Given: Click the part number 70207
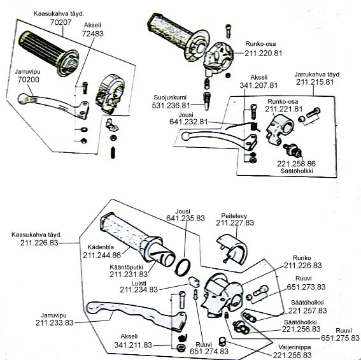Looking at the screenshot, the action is point(61,22).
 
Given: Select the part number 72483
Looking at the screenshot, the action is point(93,34).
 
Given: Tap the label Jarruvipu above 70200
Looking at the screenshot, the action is point(27,71).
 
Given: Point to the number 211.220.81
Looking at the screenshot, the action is point(263,54).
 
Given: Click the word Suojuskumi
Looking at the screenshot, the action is point(170,97).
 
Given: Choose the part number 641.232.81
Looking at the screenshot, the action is point(188,122).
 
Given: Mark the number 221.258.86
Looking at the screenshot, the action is point(296,164).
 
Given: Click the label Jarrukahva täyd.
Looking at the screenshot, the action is point(318,75).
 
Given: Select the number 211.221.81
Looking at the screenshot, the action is point(284,109).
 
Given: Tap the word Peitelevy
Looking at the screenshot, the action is point(234,216).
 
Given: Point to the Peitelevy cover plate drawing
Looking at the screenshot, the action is point(232,249).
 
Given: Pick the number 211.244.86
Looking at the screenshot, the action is point(102,255).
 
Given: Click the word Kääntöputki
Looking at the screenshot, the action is point(127,267).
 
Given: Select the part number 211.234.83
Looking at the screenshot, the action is point(139,289).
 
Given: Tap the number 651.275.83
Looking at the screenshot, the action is point(340,338).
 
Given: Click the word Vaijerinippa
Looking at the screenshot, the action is point(295,347).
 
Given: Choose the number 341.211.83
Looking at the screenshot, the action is point(133,345).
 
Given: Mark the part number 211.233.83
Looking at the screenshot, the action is point(54,322).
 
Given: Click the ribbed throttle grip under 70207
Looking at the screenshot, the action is point(49,54).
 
